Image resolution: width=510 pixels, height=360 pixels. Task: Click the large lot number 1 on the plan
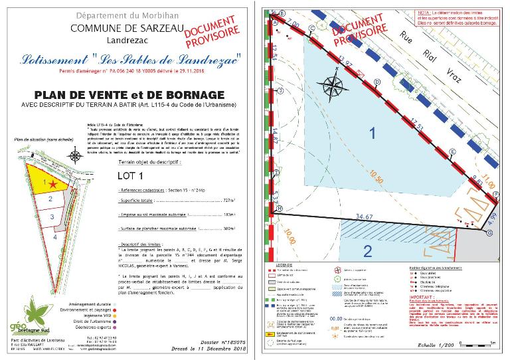click(373, 134)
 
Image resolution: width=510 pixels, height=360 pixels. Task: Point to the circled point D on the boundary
click(377, 82)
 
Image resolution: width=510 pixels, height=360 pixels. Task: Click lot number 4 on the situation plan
click(56, 236)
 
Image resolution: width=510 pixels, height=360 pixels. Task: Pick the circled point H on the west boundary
click(279, 209)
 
